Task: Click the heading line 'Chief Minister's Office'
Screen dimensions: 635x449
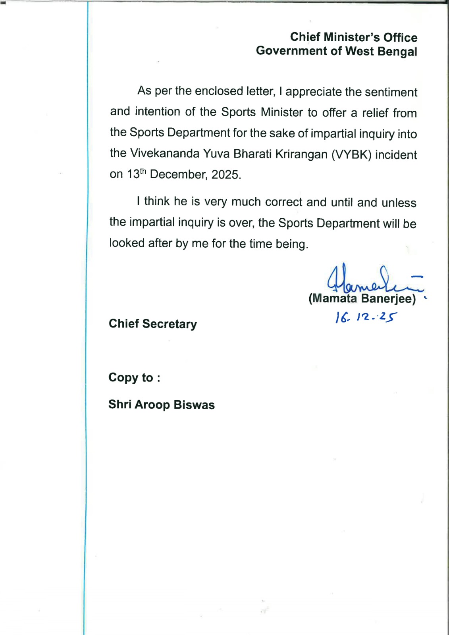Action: [x=353, y=37]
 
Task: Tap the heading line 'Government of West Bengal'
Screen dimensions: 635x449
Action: [x=336, y=51]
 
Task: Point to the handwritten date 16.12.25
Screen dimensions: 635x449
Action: [x=366, y=317]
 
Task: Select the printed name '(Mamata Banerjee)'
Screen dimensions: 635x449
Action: [x=362, y=299]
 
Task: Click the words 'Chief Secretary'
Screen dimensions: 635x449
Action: [x=153, y=324]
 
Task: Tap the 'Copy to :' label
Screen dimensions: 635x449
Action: [x=134, y=377]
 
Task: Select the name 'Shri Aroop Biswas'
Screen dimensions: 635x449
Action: [x=162, y=405]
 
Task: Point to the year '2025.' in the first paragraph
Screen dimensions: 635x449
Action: [x=226, y=175]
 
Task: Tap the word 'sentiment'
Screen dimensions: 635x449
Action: [x=391, y=92]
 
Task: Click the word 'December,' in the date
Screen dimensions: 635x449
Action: [x=179, y=175]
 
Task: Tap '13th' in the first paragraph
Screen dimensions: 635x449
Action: [x=137, y=174]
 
